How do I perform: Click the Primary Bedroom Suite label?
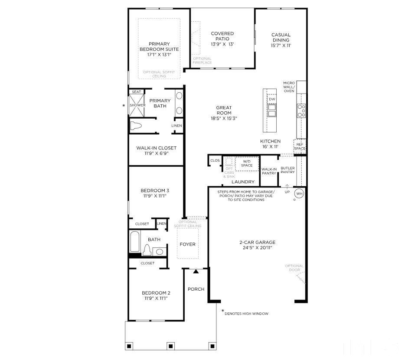tap(159, 46)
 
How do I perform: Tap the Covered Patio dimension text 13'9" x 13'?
tap(222, 44)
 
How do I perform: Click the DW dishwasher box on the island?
tap(272, 99)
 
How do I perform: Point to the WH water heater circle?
tap(299, 193)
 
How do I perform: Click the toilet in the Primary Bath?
tap(136, 126)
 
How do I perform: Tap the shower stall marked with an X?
tap(137, 105)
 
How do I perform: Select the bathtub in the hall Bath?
tap(134, 241)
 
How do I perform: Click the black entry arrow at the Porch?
tap(196, 272)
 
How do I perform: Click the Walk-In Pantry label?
tap(269, 171)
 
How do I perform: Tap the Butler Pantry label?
tap(287, 170)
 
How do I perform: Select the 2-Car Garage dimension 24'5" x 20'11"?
tap(258, 248)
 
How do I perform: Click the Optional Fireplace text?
tap(202, 61)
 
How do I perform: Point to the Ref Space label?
tap(300, 146)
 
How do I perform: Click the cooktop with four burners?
tap(301, 111)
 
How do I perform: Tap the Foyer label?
tap(187, 244)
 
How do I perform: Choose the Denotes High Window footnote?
tap(246, 313)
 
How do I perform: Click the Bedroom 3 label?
tap(154, 193)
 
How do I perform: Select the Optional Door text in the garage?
tap(294, 268)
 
